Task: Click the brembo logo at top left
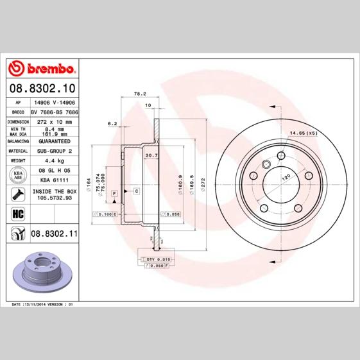(x=42, y=69)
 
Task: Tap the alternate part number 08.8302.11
(x=54, y=235)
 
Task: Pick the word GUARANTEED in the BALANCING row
(x=54, y=141)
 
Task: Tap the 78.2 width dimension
(x=137, y=94)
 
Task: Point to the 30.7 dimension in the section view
(x=151, y=155)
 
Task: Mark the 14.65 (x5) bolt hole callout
(x=304, y=133)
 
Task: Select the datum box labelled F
(x=114, y=193)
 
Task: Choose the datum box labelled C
(x=137, y=191)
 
